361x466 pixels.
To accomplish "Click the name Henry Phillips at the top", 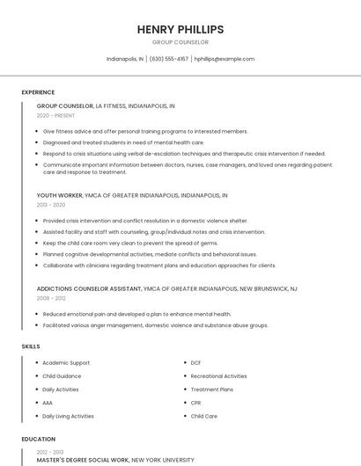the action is (x=180, y=29).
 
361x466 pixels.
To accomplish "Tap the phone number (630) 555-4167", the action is (x=169, y=59).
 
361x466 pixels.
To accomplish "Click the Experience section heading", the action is (x=38, y=92).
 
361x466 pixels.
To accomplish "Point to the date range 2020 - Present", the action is (x=55, y=115).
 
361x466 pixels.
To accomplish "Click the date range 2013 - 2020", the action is (x=50, y=205).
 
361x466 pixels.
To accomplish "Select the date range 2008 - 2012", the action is (x=50, y=298).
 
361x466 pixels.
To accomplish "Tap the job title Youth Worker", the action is (x=59, y=195).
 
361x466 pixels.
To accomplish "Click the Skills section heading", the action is (x=31, y=346).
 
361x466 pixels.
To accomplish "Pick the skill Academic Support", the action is (x=66, y=362).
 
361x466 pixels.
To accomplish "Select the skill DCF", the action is (x=195, y=362).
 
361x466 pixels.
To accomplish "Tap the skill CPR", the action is (x=196, y=403).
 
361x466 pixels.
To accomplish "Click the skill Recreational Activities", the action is (x=218, y=376).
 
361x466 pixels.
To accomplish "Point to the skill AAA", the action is (x=48, y=403).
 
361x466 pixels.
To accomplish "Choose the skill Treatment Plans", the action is (x=211, y=390).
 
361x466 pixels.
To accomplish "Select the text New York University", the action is (x=163, y=460).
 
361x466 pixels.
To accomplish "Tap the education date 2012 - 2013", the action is (x=50, y=451).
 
